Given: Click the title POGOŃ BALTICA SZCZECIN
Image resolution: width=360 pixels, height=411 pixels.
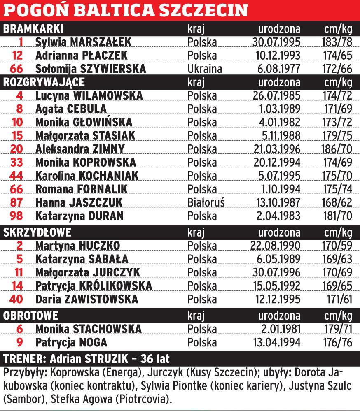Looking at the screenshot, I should coord(126,10).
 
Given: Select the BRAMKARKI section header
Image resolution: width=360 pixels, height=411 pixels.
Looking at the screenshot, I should coord(33,29).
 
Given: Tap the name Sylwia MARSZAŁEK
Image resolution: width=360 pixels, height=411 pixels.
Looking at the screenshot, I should coord(83,42).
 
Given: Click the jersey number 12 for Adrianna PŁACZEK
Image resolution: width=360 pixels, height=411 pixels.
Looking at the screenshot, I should coord(17,56).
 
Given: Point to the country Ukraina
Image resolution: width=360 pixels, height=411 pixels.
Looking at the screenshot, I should coord(205,69).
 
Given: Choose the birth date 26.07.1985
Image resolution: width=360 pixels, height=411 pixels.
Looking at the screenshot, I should coord(276,96).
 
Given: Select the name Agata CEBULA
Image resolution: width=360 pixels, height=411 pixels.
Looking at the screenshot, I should coord(71,109).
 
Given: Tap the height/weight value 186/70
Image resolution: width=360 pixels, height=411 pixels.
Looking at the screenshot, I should coord(336,149).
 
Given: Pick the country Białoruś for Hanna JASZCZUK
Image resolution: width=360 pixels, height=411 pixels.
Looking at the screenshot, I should coord(206,202).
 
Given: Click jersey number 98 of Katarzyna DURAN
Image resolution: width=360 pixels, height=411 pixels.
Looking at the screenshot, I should coord(17,216).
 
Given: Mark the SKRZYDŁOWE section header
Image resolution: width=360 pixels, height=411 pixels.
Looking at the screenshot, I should coord(37,232).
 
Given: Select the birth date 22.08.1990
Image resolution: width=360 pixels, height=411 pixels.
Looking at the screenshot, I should coord(276,246).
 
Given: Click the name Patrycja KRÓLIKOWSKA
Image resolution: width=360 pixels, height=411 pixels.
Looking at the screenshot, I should coord(94,286).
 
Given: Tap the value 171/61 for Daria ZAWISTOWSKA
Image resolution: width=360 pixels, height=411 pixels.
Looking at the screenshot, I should coord(338,299).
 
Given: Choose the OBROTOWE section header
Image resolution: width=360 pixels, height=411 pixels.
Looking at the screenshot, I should coord(30,316).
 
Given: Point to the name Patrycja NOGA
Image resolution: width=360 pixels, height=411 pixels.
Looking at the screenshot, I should coord(71,342).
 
